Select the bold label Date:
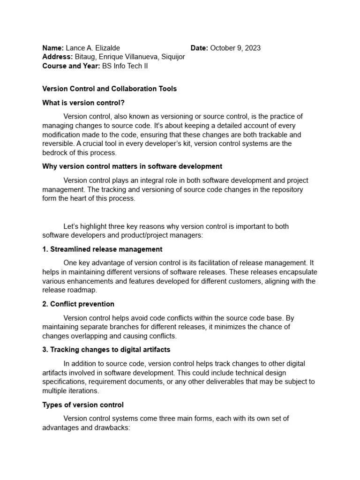click(199, 48)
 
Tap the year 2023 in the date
click(252, 48)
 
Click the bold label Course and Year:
click(71, 66)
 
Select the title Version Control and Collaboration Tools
click(110, 89)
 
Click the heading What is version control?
click(83, 103)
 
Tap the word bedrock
click(55, 153)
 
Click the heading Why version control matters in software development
click(132, 166)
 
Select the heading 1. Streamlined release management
click(102, 249)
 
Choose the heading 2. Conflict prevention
click(78, 304)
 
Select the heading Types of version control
click(83, 405)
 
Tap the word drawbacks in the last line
click(111, 427)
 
